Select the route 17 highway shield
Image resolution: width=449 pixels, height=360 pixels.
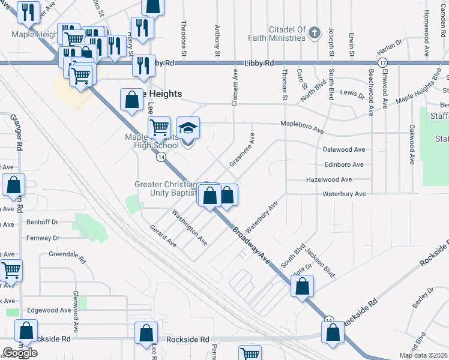point(382,63)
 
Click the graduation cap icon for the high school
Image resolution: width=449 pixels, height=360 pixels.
point(188,128)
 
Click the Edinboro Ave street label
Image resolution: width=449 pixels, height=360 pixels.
point(343,164)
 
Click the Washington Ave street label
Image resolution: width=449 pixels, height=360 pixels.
point(189,227)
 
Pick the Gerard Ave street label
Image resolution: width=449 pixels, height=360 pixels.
point(163,236)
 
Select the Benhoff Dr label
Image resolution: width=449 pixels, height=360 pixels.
point(42,222)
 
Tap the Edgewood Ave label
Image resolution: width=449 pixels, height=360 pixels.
point(49,310)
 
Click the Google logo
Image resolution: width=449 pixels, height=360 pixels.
point(20,352)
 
